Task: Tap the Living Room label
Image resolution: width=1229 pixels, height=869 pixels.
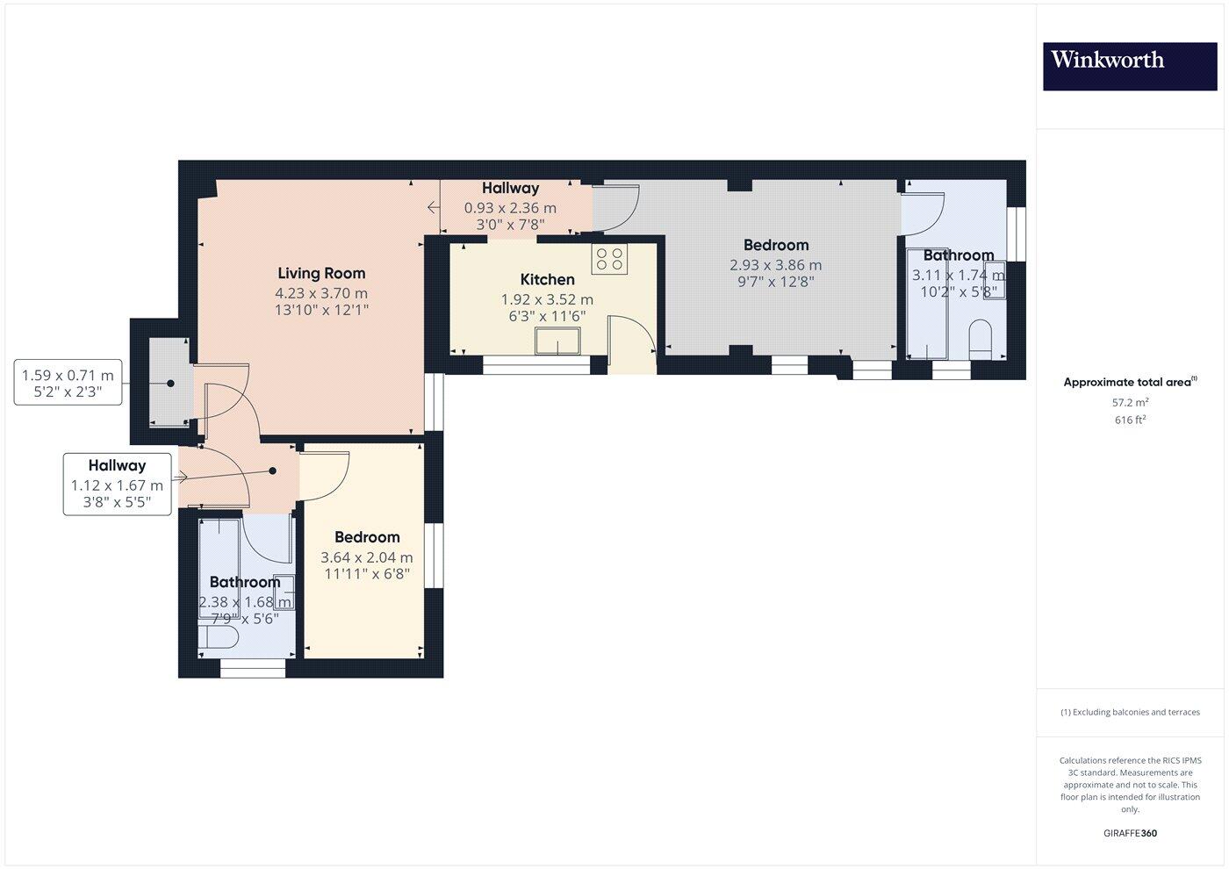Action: pos(321,273)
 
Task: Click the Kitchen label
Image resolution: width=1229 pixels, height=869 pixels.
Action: pos(547,279)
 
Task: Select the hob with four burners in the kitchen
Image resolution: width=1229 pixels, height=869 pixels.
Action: pos(610,259)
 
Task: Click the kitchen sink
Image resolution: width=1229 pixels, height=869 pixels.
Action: pos(559,341)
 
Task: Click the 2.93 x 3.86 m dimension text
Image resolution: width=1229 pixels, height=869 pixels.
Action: pos(775,264)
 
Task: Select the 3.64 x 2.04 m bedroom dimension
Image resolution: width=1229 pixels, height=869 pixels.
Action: pos(366,557)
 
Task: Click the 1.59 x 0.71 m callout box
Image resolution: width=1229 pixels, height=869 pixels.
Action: pos(68,384)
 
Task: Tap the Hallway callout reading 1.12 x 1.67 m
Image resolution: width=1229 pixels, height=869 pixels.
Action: pos(117,485)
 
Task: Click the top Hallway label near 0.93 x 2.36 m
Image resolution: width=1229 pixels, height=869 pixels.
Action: pos(510,188)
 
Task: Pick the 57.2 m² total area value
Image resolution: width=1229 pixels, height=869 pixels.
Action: pos(1130,403)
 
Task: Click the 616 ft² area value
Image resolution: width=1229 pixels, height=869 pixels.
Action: pos(1130,420)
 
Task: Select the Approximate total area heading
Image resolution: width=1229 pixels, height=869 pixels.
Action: pos(1130,382)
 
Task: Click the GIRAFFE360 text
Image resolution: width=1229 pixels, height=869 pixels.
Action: pos(1130,833)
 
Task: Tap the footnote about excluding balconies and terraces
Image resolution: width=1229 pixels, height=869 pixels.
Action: pos(1130,712)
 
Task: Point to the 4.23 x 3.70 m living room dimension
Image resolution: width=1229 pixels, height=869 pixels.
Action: pos(321,293)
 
